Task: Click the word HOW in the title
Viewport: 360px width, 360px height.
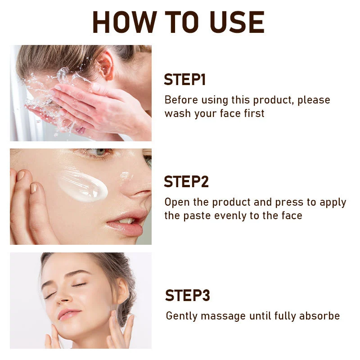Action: (125, 22)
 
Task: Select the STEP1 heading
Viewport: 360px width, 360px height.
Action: (184, 80)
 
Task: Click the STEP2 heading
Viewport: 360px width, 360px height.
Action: (186, 182)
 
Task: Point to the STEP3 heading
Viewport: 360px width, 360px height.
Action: (187, 295)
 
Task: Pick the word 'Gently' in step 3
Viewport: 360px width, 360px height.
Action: (182, 316)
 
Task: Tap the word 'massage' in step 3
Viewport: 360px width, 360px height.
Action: (223, 317)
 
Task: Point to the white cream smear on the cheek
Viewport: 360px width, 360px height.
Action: (83, 186)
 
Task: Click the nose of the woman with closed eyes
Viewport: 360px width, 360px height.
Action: (64, 296)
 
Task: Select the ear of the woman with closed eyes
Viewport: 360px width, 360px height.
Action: (121, 290)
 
